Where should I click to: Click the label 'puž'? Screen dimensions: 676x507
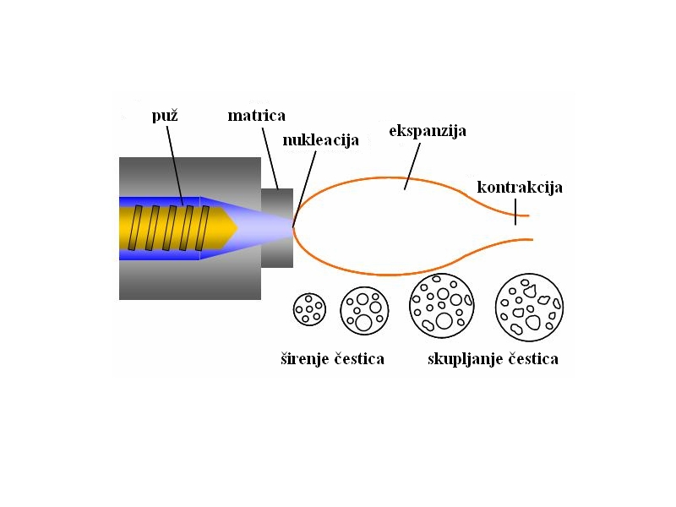tap(165, 116)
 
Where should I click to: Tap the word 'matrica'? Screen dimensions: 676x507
tap(257, 116)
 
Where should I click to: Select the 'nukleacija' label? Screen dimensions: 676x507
tap(321, 140)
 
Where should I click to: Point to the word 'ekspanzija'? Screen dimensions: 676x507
tap(428, 131)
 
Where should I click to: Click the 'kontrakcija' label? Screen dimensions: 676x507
tap(520, 187)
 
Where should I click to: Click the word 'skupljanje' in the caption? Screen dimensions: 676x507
tap(466, 359)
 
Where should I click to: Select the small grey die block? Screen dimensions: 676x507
tap(277, 228)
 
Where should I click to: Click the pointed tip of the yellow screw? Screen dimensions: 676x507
tap(237, 228)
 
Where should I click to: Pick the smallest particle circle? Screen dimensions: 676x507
tap(309, 309)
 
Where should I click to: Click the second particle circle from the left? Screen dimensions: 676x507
tap(364, 311)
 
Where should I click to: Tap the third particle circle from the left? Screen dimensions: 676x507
tap(441, 306)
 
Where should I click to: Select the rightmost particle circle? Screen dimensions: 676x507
tap(530, 308)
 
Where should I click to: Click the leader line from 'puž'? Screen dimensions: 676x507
tap(175, 165)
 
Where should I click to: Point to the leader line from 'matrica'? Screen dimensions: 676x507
tap(270, 158)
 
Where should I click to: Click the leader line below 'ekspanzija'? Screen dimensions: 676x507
tap(412, 166)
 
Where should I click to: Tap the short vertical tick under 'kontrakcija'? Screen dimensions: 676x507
tap(515, 212)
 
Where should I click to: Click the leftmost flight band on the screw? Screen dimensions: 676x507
tap(135, 228)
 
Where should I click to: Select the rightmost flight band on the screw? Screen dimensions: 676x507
tap(203, 228)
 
